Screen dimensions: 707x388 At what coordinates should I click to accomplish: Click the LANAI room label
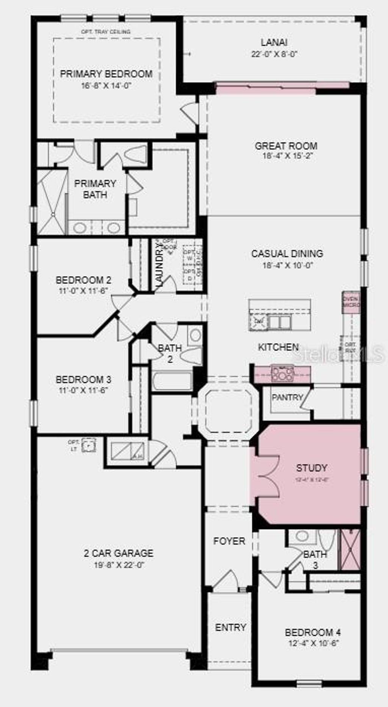coord(274,42)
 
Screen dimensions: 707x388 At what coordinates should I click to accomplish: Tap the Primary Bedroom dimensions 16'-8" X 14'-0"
coord(106,86)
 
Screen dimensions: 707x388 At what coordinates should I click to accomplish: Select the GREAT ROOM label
coord(286,146)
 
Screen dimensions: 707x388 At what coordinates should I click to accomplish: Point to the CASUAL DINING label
coord(287,253)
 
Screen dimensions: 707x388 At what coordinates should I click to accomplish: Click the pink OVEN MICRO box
coord(351,302)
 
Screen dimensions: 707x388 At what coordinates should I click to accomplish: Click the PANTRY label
coord(287,397)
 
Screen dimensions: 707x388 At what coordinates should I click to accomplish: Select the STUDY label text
coord(311,468)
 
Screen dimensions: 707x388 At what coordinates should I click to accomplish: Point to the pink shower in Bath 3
coord(350,549)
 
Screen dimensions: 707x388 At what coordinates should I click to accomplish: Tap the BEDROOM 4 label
coord(313,632)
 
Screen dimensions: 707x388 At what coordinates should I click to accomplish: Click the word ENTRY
coord(230,627)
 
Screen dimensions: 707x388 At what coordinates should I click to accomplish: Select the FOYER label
coord(229,541)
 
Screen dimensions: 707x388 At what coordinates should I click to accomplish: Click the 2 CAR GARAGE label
coord(119,553)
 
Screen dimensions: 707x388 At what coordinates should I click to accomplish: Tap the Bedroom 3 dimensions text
coord(83,390)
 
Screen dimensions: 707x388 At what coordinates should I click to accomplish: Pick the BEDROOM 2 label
coord(83,280)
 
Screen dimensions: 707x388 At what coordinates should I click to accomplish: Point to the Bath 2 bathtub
coord(172,381)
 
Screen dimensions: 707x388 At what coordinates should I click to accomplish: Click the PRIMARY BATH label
coord(95,189)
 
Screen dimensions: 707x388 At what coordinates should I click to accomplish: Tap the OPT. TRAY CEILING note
coord(106,32)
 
